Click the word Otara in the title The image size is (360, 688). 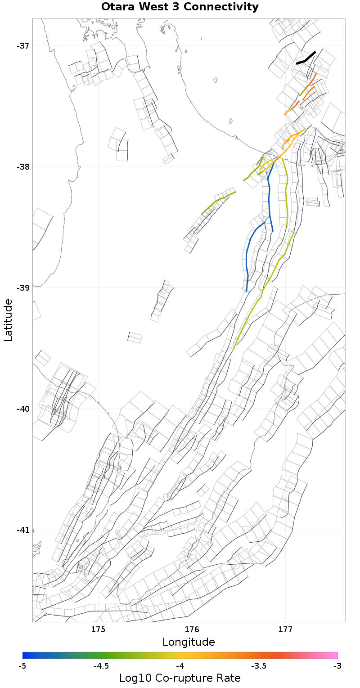coord(118,7)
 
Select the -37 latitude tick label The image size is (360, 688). coord(23,46)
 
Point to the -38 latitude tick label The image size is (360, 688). coord(23,167)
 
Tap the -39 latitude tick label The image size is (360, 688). coord(23,288)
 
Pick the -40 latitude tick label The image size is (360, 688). coord(23,409)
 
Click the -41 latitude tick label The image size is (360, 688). coord(23,530)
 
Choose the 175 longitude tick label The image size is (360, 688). coord(98,629)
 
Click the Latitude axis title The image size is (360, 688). coord(9,320)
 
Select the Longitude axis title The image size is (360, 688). coord(189,642)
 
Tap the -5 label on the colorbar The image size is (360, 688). coord(22,666)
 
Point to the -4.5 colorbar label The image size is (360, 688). coord(101,666)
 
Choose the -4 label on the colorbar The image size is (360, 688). coord(180,666)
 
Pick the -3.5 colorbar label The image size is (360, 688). coord(259,666)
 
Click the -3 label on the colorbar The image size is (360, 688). coord(337,666)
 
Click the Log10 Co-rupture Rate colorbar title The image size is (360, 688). coord(180,678)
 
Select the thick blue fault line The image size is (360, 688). coord(269,198)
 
